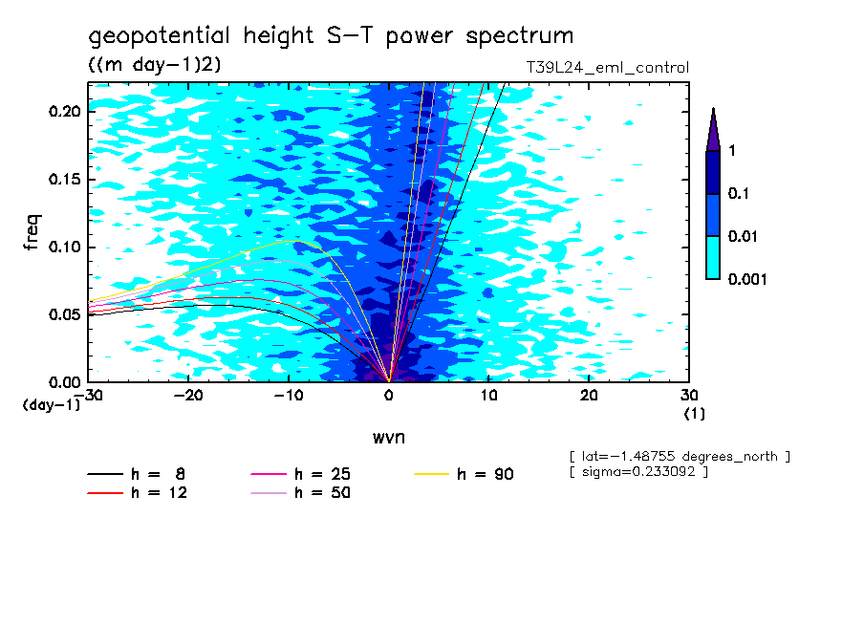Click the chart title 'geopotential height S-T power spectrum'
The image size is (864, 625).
coord(331,36)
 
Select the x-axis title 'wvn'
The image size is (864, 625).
coord(388,437)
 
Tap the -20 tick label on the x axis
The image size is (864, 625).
coord(188,396)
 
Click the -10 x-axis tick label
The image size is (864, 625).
coord(289,396)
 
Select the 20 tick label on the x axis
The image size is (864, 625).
coord(589,396)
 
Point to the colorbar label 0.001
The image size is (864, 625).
coord(747,279)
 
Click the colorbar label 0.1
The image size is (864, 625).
coord(737,194)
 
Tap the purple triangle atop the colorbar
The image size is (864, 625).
coord(713,129)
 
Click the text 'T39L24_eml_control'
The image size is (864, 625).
coord(601,68)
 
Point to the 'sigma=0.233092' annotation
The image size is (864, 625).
coord(638,474)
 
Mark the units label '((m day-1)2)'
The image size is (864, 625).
coord(155,65)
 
